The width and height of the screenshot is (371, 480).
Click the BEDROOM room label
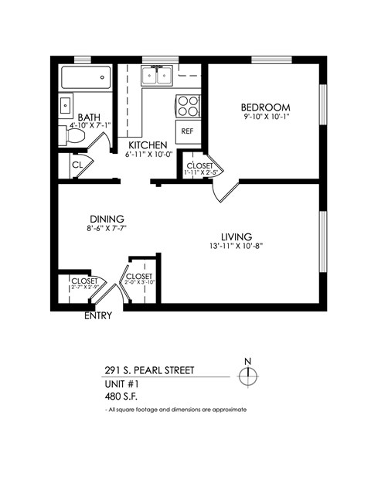click(265, 107)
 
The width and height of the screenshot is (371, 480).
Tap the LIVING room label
click(237, 237)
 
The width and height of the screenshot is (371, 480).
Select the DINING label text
click(106, 219)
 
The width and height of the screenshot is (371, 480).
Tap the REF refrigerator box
click(187, 131)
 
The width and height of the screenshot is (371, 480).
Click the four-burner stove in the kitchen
click(187, 104)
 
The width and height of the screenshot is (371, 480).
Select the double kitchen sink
click(158, 75)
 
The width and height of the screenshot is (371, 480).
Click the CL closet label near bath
click(77, 165)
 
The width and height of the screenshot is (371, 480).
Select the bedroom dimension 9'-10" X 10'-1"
click(265, 117)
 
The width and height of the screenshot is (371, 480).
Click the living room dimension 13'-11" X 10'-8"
click(237, 247)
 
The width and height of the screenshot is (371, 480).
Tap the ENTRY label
click(97, 315)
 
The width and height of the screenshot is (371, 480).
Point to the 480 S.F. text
click(121, 396)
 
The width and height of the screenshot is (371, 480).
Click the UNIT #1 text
click(123, 383)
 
